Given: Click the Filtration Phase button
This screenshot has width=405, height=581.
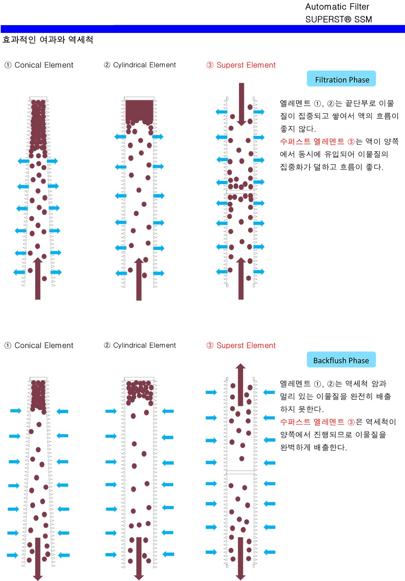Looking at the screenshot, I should point(341,79).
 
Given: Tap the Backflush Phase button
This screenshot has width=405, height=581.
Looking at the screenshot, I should point(341,360).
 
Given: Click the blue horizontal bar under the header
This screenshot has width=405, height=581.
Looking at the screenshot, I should point(202,29).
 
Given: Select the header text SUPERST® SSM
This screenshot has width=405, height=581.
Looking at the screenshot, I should point(338,19).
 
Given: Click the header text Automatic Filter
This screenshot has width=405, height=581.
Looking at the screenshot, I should point(337,6).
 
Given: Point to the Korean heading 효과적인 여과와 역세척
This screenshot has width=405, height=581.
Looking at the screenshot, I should point(48,40).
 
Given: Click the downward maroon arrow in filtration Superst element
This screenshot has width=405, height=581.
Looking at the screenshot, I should point(241,103).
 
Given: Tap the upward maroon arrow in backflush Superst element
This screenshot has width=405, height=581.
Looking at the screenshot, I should point(241,383).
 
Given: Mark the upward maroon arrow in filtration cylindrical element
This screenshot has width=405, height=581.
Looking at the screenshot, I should point(139,280).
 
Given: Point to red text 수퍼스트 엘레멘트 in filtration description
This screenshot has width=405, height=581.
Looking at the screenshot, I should point(312,141).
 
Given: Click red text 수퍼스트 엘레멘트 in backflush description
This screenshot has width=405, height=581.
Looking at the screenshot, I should point(312,422).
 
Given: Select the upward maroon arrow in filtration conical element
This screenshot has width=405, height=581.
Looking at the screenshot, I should point(38,280).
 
